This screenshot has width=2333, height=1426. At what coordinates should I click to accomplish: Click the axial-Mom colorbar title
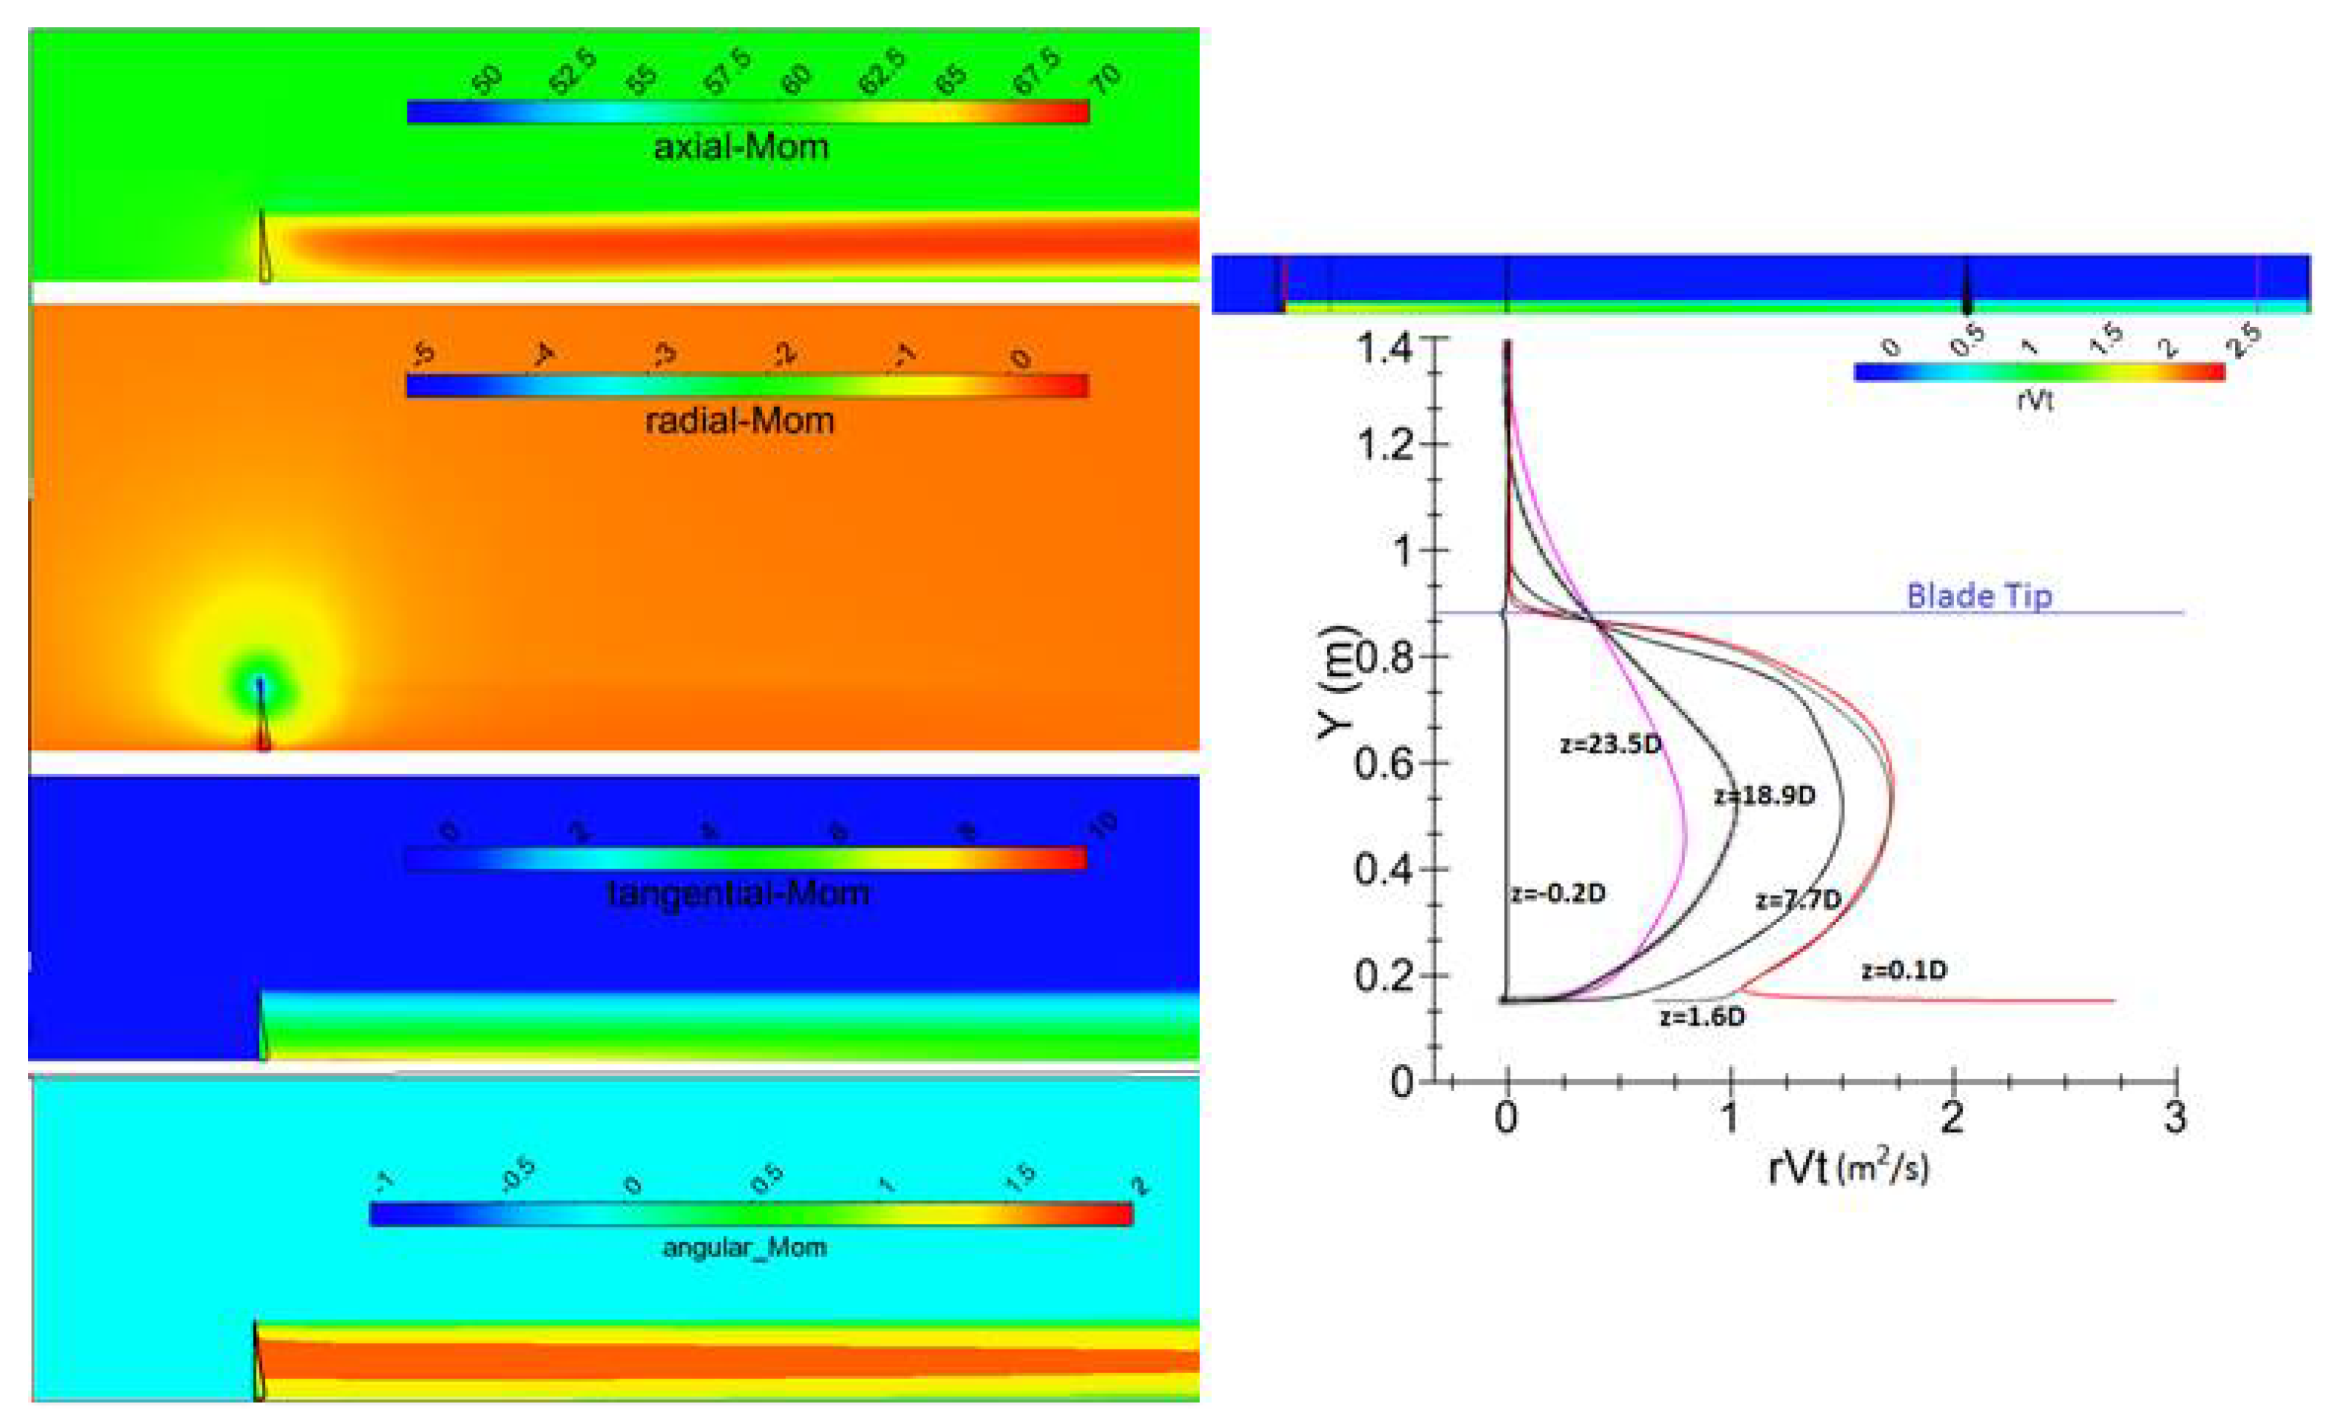tap(741, 148)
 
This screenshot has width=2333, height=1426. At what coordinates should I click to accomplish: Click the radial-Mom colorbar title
tap(739, 420)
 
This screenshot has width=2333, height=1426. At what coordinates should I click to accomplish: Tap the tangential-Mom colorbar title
tap(738, 893)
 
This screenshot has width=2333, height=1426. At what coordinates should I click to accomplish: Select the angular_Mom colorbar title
tap(744, 1248)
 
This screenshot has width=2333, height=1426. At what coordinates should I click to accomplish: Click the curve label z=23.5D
tap(1610, 745)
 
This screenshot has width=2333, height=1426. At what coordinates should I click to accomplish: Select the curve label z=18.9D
tap(1764, 795)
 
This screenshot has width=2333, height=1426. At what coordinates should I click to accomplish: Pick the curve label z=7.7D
tap(1798, 900)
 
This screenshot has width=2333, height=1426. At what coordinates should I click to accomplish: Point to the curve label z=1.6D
tap(1701, 1017)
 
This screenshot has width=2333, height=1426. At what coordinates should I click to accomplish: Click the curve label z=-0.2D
tap(1558, 894)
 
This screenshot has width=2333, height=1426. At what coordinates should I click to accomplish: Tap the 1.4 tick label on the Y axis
tap(1385, 349)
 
